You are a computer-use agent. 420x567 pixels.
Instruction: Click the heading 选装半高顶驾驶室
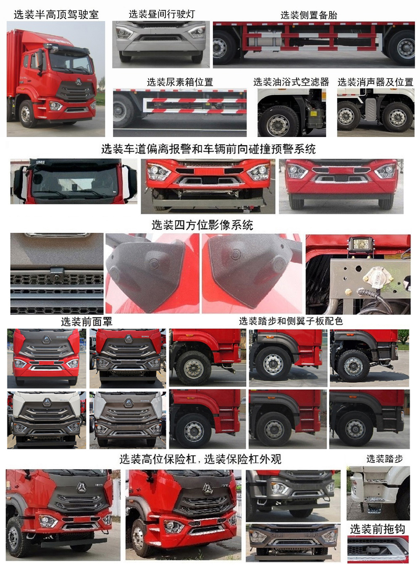click(x=56, y=15)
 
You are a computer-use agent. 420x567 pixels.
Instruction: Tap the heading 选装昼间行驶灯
click(x=162, y=14)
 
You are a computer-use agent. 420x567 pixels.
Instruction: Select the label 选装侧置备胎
click(x=309, y=15)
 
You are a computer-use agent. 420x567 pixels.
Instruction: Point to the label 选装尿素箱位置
click(x=180, y=82)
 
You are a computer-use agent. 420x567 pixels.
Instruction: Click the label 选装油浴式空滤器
click(x=291, y=82)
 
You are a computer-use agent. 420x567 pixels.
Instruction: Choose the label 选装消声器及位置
click(x=375, y=82)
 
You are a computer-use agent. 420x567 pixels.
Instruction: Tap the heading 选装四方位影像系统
click(x=202, y=225)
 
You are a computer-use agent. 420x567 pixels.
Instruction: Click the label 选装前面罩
click(x=87, y=322)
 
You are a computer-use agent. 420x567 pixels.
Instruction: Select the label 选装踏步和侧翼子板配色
click(x=291, y=321)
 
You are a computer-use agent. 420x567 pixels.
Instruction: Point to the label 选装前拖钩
click(x=377, y=529)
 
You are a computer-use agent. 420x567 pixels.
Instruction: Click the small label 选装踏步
click(x=384, y=459)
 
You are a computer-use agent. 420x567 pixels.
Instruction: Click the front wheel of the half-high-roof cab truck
click(x=26, y=113)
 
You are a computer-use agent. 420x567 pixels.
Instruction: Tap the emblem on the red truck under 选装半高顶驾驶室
click(x=79, y=82)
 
